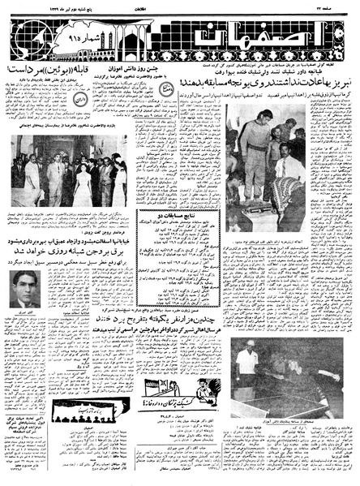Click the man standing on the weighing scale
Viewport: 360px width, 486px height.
tap(255, 150)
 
